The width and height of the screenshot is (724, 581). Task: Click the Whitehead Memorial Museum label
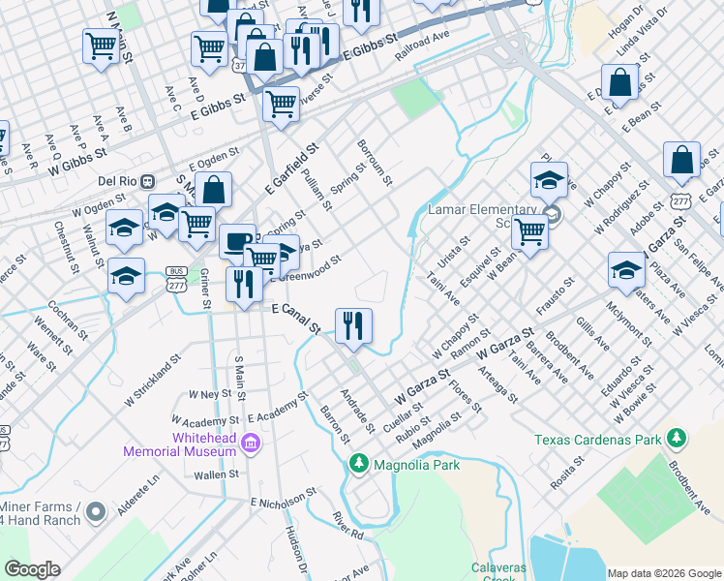click(179, 444)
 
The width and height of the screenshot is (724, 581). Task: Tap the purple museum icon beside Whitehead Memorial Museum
click(251, 443)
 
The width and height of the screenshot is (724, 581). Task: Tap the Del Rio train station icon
click(147, 181)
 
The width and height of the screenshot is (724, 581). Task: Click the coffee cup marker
click(236, 242)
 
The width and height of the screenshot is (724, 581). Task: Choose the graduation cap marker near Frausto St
click(625, 269)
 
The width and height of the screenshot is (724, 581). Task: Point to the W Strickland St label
click(153, 381)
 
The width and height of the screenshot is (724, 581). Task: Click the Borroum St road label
click(374, 161)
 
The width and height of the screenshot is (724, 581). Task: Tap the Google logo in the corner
click(32, 569)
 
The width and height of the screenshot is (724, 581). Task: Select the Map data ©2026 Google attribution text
click(664, 573)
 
